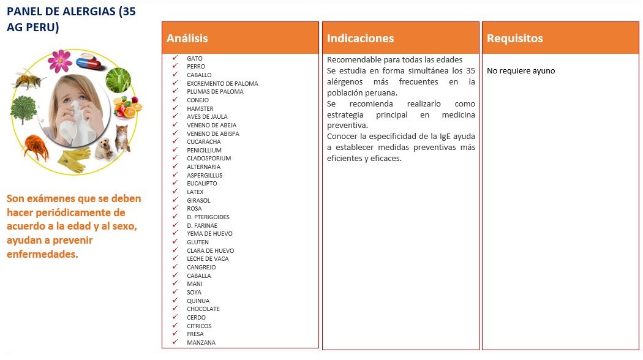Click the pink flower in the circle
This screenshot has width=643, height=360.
(x=60, y=60)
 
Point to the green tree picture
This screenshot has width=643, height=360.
(x=23, y=110)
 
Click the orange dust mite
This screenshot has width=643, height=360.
(x=36, y=147)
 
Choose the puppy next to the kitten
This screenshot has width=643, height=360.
(x=105, y=148)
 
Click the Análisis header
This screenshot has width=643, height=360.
(x=187, y=38)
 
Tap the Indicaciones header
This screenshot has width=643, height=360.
(x=360, y=38)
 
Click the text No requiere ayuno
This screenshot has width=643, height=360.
(x=521, y=70)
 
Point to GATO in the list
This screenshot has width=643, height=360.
(x=195, y=58)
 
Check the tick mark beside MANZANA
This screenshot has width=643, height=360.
(x=175, y=342)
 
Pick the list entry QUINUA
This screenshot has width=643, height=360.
(x=198, y=301)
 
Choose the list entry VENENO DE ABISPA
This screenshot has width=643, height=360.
(x=213, y=133)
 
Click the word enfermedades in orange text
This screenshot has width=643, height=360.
(x=42, y=253)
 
